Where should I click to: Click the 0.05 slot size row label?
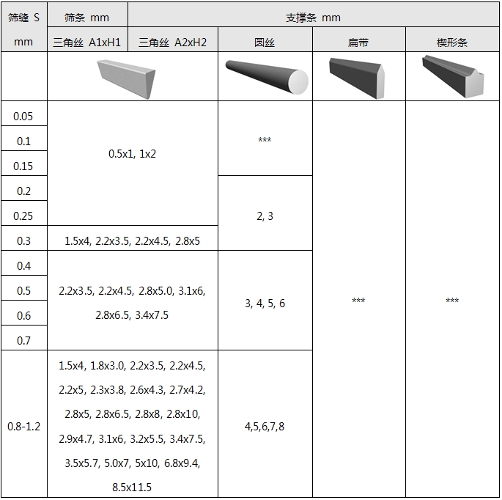(23, 117)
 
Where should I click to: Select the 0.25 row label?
(23, 216)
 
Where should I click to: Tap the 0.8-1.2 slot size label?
(24, 427)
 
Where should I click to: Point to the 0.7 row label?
(23, 340)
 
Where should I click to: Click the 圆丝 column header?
(265, 43)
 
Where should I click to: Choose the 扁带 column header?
(358, 43)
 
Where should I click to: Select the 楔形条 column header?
(452, 43)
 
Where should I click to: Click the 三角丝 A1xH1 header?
(86, 43)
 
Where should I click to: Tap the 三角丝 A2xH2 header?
(172, 43)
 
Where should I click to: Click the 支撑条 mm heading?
(313, 18)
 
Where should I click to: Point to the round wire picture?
(267, 77)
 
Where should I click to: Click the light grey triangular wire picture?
(126, 79)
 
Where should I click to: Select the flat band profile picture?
(357, 78)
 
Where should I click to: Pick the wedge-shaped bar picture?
(453, 76)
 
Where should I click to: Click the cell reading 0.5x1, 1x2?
(132, 154)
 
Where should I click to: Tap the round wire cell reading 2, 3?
(265, 216)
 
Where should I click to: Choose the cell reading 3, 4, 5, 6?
(265, 304)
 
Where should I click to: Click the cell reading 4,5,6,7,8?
(265, 427)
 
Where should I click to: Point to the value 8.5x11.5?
(132, 488)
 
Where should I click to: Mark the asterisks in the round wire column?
(265, 139)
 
